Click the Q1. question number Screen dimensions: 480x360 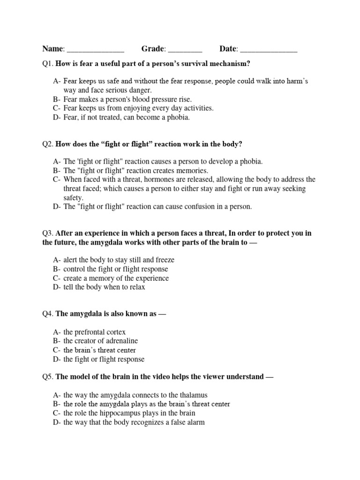tap(48, 63)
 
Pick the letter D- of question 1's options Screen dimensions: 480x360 tap(57, 117)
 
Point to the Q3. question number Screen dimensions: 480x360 tap(48, 233)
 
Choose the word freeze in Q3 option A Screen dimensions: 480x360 tap(164, 260)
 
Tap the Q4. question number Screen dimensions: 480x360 tap(48, 314)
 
